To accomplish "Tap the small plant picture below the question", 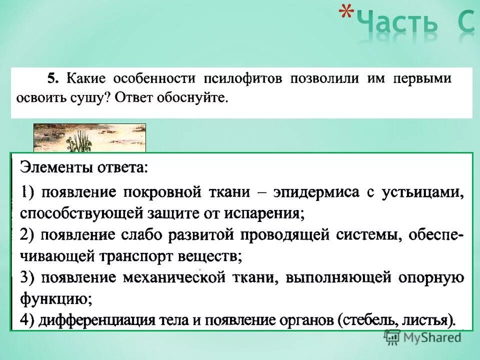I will tap(89, 137).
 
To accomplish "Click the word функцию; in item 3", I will tap(55, 299).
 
